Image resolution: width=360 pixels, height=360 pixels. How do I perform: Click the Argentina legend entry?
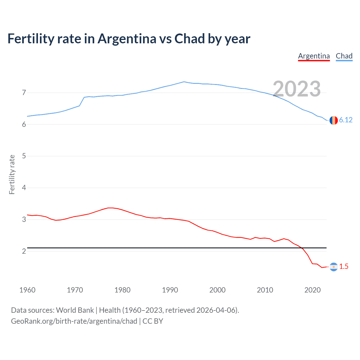[314, 56]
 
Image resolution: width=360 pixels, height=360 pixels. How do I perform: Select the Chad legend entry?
[344, 56]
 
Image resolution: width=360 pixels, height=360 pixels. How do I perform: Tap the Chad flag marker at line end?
[334, 120]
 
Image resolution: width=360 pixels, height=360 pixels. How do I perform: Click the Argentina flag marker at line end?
[334, 267]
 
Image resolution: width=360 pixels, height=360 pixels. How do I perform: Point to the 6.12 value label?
[346, 120]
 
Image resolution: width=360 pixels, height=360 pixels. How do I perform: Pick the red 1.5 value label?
[344, 267]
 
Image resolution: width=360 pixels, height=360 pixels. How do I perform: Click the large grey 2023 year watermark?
[297, 89]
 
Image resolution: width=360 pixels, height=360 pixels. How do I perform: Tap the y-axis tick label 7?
[24, 93]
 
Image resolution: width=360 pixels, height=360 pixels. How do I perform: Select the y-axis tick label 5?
[24, 156]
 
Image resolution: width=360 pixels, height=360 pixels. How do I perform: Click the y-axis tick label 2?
[24, 251]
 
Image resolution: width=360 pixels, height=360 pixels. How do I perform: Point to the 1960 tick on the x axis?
[27, 290]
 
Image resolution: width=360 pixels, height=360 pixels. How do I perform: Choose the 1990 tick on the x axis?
[170, 290]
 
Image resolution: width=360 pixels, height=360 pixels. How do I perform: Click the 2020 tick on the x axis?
[312, 290]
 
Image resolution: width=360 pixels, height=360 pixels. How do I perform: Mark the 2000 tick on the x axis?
[217, 290]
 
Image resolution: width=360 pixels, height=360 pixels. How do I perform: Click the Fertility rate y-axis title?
[12, 174]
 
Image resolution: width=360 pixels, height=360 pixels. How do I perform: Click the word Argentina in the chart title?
[127, 39]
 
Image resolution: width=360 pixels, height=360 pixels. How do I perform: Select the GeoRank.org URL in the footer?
[74, 321]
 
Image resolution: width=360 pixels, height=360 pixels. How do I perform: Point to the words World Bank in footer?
[75, 310]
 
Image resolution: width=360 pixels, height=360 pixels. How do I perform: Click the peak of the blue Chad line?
[184, 82]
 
